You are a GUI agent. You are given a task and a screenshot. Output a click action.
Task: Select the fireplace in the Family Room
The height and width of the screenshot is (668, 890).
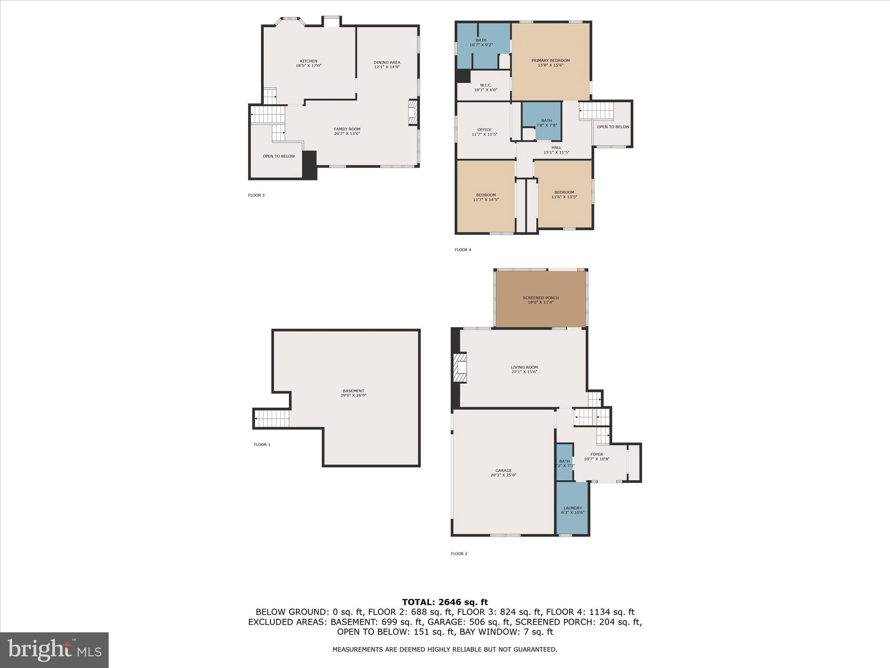[413, 113]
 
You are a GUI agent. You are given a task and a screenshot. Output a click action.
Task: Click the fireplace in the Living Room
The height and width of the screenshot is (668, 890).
[460, 368]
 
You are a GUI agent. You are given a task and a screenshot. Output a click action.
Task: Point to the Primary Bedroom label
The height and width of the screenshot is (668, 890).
[550, 60]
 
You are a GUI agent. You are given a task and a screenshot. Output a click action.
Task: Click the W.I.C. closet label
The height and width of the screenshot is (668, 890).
[485, 85]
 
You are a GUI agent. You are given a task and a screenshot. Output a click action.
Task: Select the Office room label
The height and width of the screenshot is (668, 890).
[484, 130]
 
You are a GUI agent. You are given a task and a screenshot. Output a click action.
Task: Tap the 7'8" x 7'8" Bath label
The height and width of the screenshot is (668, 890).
[546, 125]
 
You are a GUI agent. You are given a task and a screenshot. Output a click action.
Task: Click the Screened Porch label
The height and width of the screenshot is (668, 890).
[541, 298]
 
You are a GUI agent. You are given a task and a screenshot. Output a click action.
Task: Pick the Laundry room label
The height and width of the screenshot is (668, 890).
[572, 508]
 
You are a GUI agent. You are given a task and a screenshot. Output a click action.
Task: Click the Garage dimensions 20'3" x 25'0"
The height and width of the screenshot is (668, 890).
[503, 475]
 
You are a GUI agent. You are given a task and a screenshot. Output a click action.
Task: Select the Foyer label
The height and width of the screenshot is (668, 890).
[596, 454]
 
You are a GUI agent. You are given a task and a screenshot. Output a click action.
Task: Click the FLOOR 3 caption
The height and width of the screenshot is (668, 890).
[256, 195]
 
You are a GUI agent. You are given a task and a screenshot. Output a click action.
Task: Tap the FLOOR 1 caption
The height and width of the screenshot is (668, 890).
[262, 444]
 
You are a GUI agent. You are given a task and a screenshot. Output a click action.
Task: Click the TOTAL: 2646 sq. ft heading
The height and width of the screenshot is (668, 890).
[445, 602]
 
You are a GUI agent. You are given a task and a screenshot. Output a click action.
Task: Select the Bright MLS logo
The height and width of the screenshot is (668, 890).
[54, 650]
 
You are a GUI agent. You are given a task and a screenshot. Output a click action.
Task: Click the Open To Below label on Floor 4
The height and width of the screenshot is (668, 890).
[613, 127]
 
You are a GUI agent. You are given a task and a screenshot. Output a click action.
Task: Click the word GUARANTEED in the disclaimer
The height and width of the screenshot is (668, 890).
[536, 649]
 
